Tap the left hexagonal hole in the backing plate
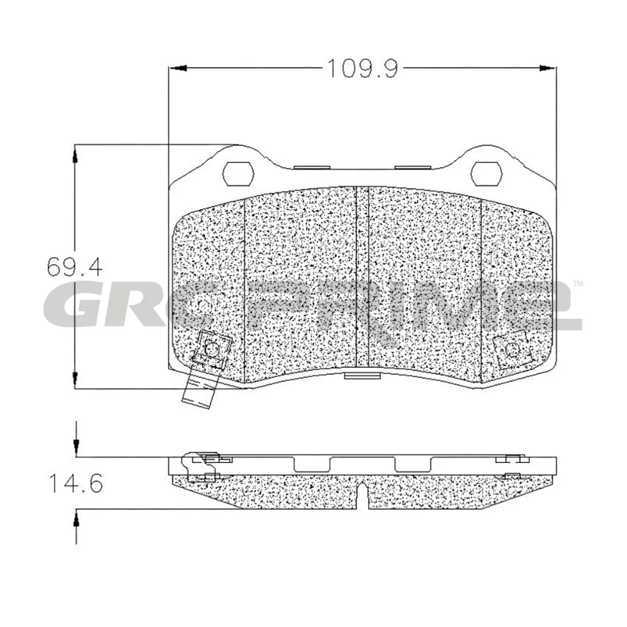pos(238,173)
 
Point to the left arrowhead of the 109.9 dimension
pos(178,68)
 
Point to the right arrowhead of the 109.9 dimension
pos(547,68)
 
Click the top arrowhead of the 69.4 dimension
pos(75,154)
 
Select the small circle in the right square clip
pos(511,349)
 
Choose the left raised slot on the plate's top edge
pos(313,165)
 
